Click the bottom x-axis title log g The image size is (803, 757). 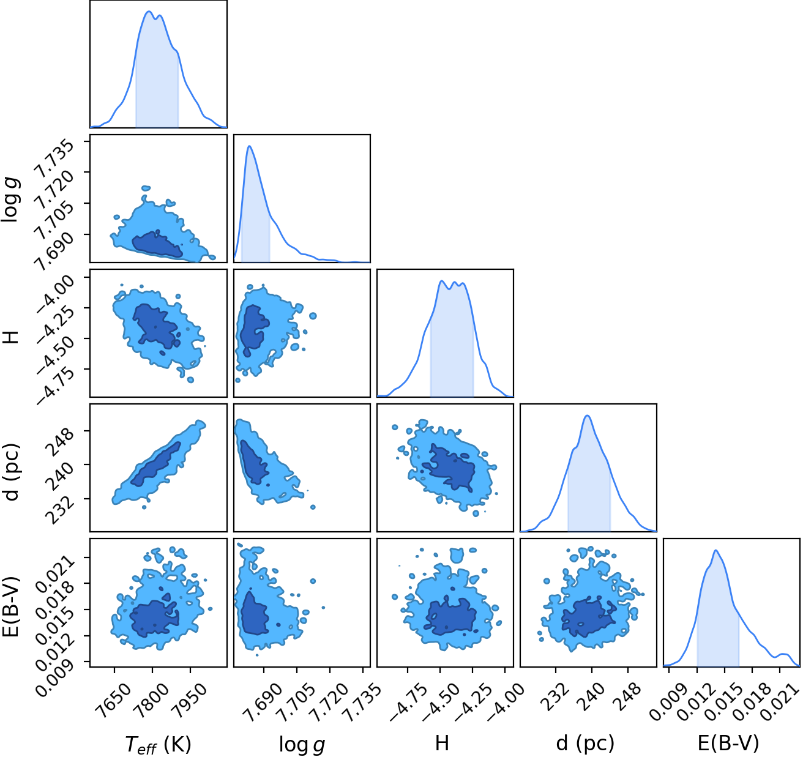tap(302, 744)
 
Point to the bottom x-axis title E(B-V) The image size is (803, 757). tap(728, 744)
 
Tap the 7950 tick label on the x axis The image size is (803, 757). tap(190, 695)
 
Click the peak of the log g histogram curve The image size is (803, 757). tap(250, 146)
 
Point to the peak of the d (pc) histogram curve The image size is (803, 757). tap(588, 416)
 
